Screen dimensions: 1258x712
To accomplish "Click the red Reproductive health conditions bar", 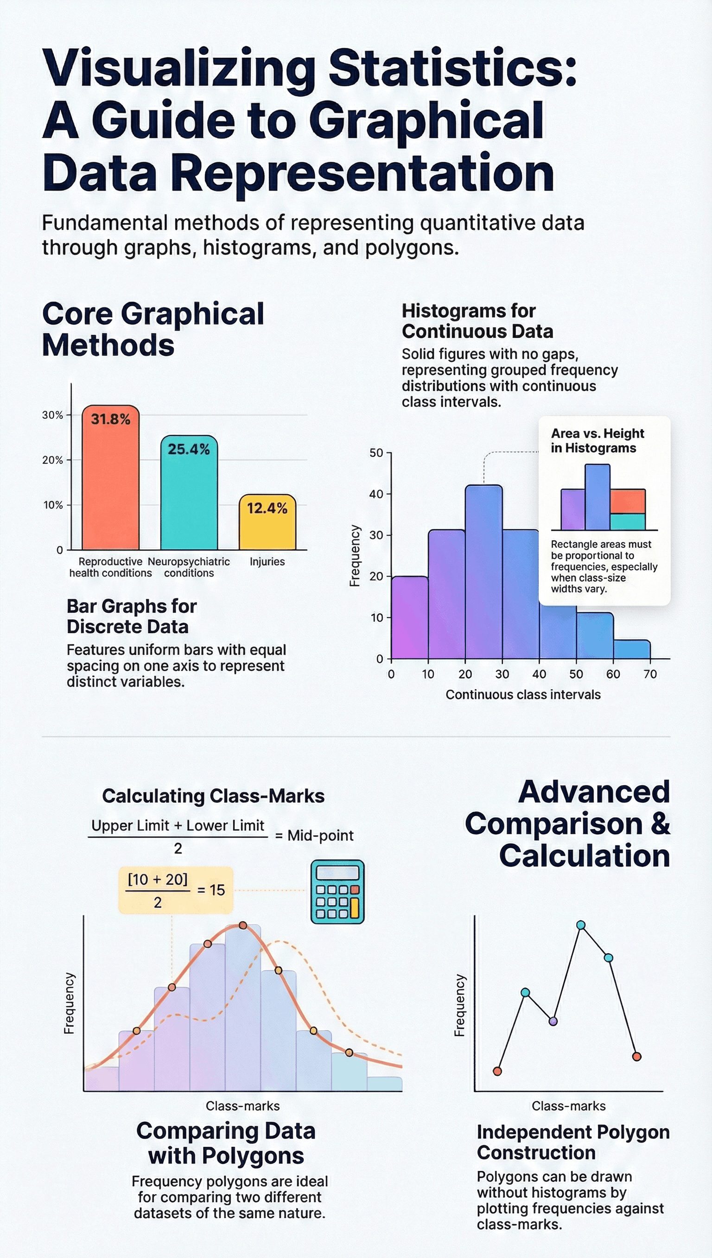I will pyautogui.click(x=110, y=484).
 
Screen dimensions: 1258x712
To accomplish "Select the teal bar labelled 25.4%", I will pyautogui.click(x=189, y=499).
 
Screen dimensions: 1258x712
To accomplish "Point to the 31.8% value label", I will pyautogui.click(x=110, y=419).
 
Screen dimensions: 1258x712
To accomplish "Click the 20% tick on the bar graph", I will pyautogui.click(x=52, y=460).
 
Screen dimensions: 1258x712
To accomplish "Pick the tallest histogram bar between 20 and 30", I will pyautogui.click(x=483, y=572).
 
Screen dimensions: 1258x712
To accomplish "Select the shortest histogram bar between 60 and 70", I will pyautogui.click(x=631, y=650).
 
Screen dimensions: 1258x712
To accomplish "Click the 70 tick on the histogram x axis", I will pyautogui.click(x=650, y=674).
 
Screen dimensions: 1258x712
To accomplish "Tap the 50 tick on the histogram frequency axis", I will pyautogui.click(x=376, y=453).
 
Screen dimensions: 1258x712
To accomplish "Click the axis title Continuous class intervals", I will pyautogui.click(x=523, y=695).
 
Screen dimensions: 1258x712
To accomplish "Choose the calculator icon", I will pyautogui.click(x=337, y=892).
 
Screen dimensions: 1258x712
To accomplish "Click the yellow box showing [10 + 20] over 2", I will pyautogui.click(x=176, y=890).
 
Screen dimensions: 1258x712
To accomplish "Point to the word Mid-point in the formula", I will pyautogui.click(x=320, y=836).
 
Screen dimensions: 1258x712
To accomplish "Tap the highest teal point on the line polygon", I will pyautogui.click(x=581, y=925).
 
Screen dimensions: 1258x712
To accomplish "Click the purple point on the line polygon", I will pyautogui.click(x=553, y=1021).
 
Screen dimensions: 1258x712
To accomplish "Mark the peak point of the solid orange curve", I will pyautogui.click(x=242, y=925).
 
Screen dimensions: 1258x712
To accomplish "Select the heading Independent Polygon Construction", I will pyautogui.click(x=572, y=1142).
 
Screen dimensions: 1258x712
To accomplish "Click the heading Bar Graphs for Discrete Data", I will pyautogui.click(x=131, y=616).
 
